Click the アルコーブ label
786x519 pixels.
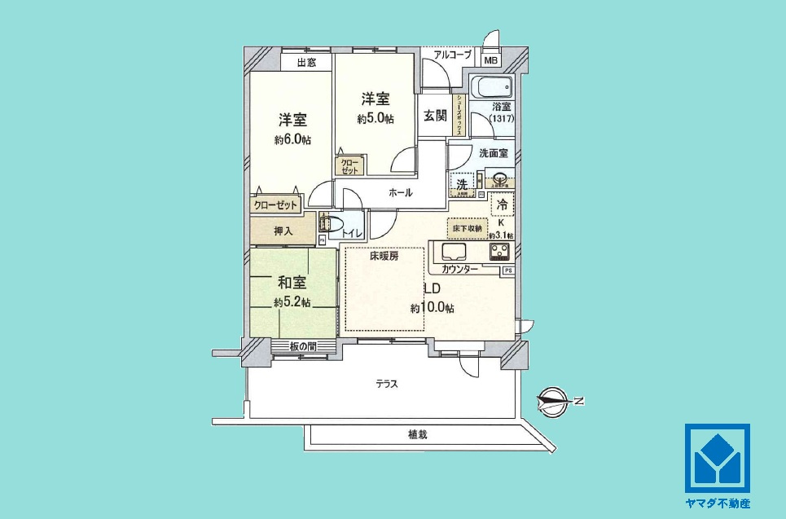point(452,55)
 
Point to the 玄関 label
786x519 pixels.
point(435,115)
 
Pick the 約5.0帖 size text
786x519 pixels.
point(375,119)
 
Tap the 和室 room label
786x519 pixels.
point(291,283)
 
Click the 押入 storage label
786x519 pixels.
point(283,231)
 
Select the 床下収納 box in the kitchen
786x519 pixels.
point(467,228)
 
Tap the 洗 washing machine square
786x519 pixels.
point(462,185)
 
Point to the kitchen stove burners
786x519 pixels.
point(498,252)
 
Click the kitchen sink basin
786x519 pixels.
point(453,251)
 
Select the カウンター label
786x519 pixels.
point(460,269)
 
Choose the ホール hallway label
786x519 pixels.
point(400,193)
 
